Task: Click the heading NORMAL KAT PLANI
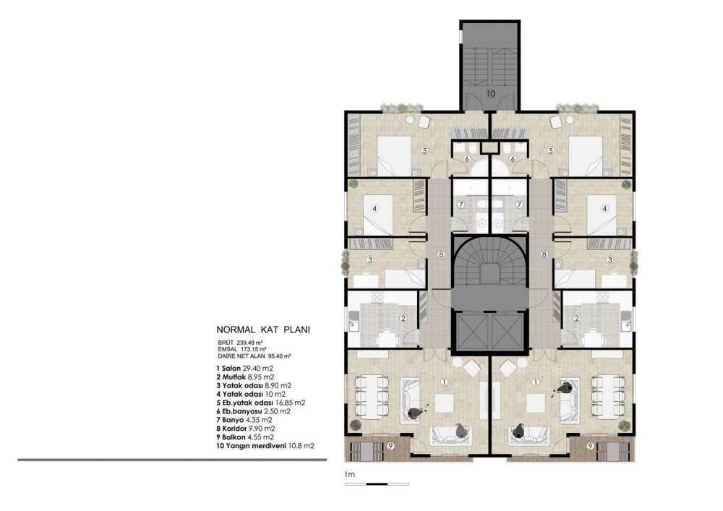tap(263, 330)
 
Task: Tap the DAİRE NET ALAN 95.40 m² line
tap(254, 356)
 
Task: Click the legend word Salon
tap(231, 369)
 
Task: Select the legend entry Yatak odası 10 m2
tap(251, 394)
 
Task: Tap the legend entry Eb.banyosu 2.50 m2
tap(253, 411)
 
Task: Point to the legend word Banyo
tap(233, 420)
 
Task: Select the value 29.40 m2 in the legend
tap(258, 369)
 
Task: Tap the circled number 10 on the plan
tap(491, 93)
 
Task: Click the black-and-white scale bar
tap(377, 484)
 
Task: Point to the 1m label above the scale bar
tap(349, 474)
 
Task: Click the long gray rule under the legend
tap(173, 460)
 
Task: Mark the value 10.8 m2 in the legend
tap(301, 445)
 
